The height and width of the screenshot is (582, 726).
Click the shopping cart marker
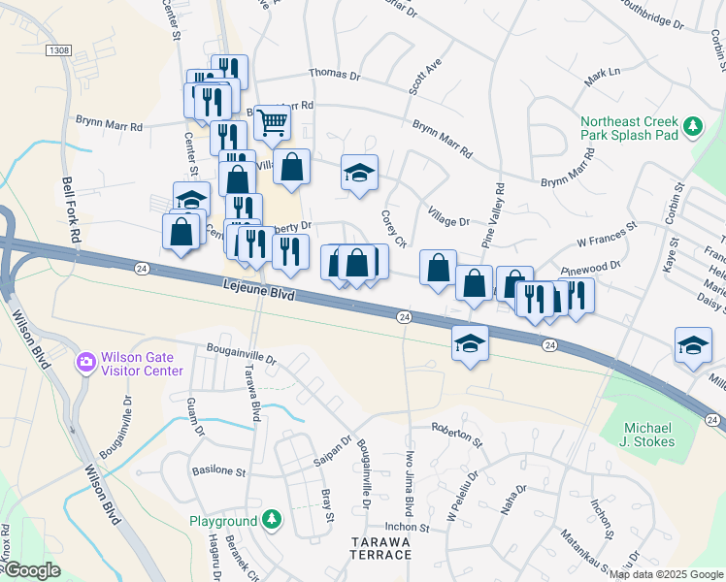tap(273, 122)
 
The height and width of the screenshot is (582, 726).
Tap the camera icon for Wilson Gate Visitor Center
tap(86, 363)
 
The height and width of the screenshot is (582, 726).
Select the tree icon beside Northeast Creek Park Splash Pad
tap(692, 125)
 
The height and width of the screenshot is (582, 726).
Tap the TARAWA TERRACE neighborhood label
tap(380, 547)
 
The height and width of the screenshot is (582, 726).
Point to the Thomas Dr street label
tap(334, 74)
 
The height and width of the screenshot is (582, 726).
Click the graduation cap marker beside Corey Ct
tap(359, 174)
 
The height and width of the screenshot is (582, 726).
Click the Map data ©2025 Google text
tap(666, 573)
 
